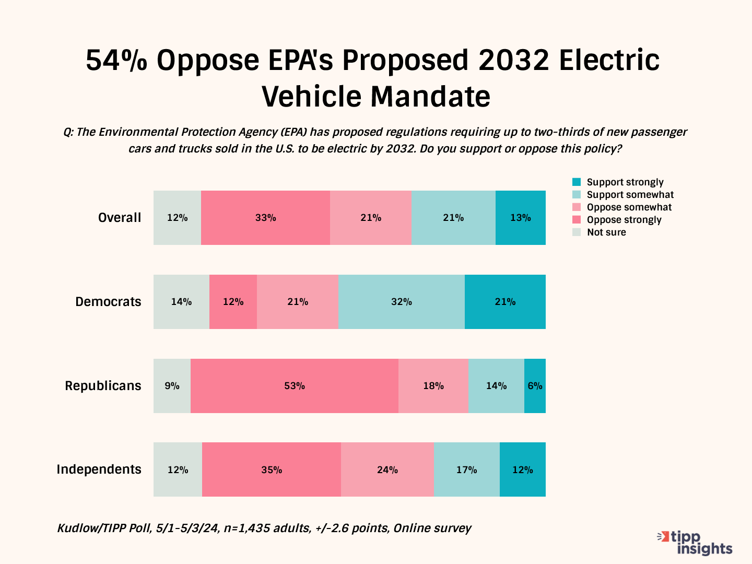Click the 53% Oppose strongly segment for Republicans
click(295, 386)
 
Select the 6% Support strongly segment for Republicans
click(535, 386)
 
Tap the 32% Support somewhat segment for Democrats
click(401, 302)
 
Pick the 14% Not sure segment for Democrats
click(181, 302)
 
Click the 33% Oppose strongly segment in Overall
click(265, 218)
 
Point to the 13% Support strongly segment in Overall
click(520, 218)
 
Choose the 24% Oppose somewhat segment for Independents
click(387, 469)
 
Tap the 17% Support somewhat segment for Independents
click(466, 469)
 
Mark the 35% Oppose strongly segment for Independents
click(272, 469)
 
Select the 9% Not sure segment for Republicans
click(172, 386)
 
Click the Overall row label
click(120, 218)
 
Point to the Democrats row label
click(108, 302)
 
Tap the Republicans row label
click(103, 386)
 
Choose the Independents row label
click(99, 469)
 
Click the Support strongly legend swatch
click(577, 182)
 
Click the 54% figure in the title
click(116, 61)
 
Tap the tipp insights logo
click(696, 543)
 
